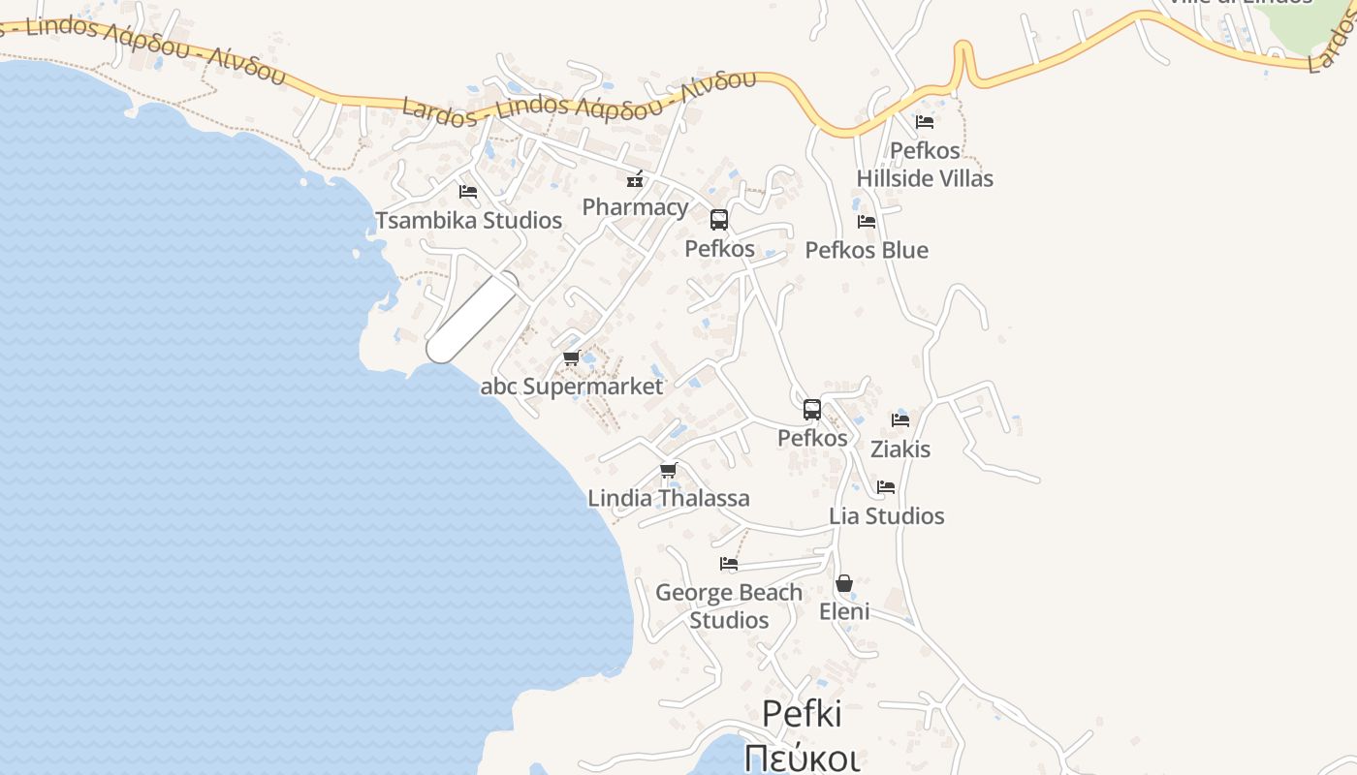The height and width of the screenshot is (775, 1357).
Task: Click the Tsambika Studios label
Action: (468, 221)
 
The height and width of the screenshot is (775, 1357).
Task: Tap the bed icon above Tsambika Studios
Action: (468, 192)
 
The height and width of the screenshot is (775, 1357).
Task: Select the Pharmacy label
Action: (635, 207)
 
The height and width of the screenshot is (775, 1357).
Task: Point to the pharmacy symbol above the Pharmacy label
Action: (635, 179)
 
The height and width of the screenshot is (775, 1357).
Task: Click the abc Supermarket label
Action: (572, 387)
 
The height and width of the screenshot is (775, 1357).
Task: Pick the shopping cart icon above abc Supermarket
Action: (572, 358)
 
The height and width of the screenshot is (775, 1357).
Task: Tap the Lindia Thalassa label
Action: (668, 499)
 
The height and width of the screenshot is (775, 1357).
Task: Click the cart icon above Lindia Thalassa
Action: (668, 471)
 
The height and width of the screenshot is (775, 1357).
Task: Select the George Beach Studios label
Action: (729, 605)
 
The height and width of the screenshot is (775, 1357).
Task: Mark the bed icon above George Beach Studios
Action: (729, 564)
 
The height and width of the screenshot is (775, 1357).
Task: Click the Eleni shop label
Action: (844, 611)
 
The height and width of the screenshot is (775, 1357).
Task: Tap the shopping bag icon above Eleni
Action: (844, 583)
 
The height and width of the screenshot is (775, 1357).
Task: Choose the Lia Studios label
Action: (886, 516)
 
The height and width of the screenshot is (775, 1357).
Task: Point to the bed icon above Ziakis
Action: (900, 420)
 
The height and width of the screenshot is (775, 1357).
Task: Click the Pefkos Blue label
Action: (867, 250)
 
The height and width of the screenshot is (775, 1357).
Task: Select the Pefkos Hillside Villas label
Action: (925, 165)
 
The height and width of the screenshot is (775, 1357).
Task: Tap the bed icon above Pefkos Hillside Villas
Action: (925, 122)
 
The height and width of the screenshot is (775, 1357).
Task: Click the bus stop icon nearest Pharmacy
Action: (719, 220)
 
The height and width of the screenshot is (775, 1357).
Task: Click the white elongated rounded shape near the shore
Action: (473, 318)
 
